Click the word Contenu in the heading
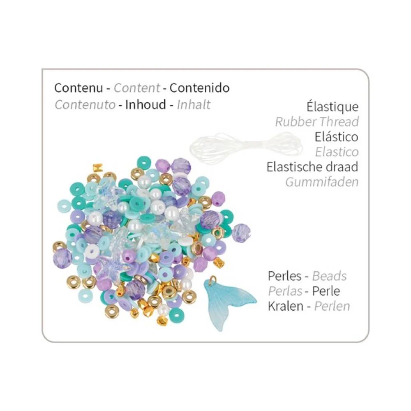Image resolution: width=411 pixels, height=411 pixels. click(79, 88)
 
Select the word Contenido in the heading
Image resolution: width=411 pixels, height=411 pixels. click(199, 88)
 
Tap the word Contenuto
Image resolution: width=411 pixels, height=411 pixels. click(85, 104)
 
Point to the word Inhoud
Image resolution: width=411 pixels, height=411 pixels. click(145, 104)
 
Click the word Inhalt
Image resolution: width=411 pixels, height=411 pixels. click(194, 104)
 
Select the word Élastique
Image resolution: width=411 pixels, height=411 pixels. click(332, 107)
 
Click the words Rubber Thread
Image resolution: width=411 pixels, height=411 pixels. click(317, 122)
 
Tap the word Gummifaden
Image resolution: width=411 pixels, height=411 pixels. click(322, 182)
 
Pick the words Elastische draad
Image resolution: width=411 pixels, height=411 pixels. click(312, 167)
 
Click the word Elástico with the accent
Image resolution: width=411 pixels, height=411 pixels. click(337, 137)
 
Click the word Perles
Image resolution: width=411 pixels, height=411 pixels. click(285, 276)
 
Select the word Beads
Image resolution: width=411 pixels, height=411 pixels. click(330, 276)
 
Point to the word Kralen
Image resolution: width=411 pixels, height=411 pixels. click(286, 306)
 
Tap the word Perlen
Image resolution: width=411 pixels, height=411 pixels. click(332, 306)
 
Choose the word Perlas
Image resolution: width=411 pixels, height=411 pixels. click(285, 291)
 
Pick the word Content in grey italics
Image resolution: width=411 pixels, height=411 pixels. click(136, 88)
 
